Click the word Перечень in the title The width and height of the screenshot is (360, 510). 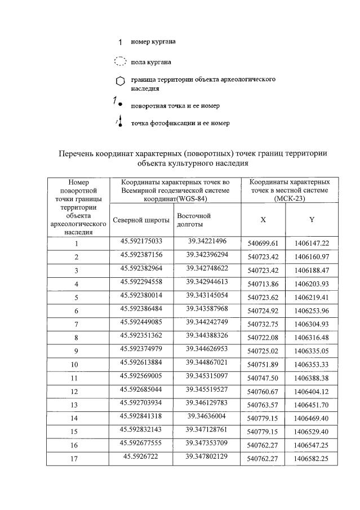[78, 153]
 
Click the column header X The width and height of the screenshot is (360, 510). [263, 220]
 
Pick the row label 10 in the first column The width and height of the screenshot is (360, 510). [75, 365]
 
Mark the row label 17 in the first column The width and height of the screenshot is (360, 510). [75, 459]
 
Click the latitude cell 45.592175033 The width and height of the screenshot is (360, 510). [141, 241]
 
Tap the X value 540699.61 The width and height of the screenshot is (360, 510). [263, 243]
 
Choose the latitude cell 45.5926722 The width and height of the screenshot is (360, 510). [141, 456]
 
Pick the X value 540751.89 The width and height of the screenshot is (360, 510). [263, 365]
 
